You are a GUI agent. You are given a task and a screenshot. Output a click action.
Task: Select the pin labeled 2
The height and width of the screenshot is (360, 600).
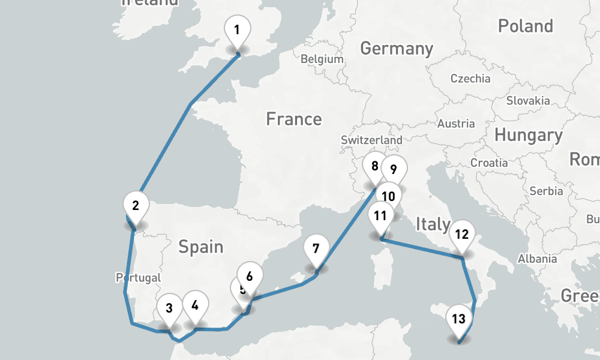(x=136, y=206)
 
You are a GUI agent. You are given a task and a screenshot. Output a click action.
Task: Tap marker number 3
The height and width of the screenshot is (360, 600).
(x=169, y=309)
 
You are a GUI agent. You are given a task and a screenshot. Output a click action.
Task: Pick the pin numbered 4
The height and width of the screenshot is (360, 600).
(x=195, y=305)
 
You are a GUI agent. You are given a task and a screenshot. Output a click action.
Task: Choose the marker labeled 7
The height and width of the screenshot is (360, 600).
(x=316, y=248)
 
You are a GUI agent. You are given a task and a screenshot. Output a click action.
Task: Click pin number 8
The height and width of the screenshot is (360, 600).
(x=374, y=167)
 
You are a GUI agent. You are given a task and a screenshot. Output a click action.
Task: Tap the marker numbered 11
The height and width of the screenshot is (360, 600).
(x=380, y=216)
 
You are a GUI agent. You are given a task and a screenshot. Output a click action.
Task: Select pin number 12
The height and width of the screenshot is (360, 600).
(x=461, y=235)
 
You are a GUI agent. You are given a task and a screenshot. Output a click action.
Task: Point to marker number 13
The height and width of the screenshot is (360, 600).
(x=458, y=319)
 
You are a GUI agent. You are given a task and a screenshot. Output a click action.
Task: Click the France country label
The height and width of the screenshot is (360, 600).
(x=294, y=119)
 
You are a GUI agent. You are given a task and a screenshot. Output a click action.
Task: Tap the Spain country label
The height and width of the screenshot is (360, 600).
(x=200, y=247)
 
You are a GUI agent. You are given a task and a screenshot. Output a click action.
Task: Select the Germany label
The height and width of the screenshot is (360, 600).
(x=397, y=49)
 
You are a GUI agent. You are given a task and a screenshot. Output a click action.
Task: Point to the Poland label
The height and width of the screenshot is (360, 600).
(x=525, y=26)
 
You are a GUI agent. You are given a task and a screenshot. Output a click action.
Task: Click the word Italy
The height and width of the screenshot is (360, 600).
(x=433, y=225)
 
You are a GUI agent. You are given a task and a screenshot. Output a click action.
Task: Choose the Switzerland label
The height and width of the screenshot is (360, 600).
(x=371, y=140)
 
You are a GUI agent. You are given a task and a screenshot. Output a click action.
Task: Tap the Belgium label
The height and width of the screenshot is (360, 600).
(x=322, y=59)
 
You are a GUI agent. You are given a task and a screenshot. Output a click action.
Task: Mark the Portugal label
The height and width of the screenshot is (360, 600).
(x=139, y=278)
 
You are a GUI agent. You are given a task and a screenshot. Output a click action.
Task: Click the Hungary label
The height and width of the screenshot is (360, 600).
(x=528, y=136)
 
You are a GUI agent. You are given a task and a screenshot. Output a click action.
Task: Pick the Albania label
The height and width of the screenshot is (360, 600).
(x=537, y=259)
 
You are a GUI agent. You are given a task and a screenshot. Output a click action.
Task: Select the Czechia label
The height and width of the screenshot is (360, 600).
(x=470, y=79)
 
